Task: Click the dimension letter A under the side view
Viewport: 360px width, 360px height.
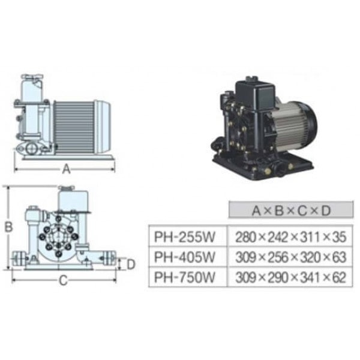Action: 67,169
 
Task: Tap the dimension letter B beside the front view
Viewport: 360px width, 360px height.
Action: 9,227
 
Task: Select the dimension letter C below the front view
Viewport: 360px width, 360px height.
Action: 64,280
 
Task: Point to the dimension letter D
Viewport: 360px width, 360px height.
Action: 131,264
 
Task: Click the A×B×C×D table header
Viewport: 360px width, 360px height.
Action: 291,210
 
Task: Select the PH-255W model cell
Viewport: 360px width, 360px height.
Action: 185,236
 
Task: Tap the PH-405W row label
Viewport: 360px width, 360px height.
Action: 185,257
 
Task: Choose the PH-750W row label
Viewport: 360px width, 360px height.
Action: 185,277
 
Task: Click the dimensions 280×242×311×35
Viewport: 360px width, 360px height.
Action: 290,237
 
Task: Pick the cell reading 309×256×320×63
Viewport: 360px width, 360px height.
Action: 290,257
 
